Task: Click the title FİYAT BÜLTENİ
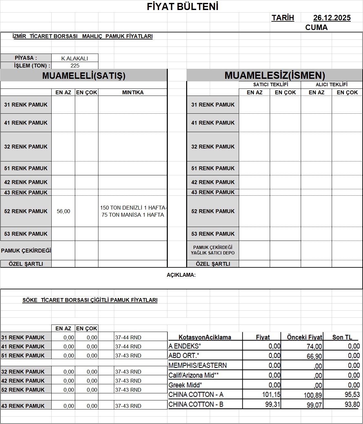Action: pos(183,6)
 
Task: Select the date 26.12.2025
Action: pos(332,18)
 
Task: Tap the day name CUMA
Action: pos(316,27)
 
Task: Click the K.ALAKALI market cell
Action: pos(75,58)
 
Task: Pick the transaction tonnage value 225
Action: pos(75,66)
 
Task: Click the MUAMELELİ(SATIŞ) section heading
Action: pos(84,76)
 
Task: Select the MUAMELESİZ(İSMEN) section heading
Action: pos(275,75)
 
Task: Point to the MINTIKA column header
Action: pos(133,92)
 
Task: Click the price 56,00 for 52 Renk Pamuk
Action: pos(63,211)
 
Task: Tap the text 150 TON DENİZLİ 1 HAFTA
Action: pos(133,208)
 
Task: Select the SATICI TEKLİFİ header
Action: pos(270,85)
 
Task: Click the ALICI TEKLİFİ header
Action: pos(331,85)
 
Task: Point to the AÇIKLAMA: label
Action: pos(181,275)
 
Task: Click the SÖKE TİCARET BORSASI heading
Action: pos(90,300)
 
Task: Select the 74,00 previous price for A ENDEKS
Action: pos(314,346)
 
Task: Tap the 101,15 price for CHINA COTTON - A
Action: pos(271,395)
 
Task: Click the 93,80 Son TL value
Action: pos(352,404)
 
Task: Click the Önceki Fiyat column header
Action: pos(304,337)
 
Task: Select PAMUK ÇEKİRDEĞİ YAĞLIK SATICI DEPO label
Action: pos(213,250)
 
